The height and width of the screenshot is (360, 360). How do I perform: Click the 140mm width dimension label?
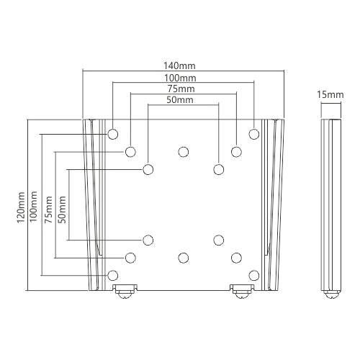click(x=183, y=65)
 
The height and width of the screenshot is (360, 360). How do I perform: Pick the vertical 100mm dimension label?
click(x=35, y=205)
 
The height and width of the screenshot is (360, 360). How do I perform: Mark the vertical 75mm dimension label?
click(x=48, y=205)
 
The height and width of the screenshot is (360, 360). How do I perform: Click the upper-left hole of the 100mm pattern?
click(x=113, y=134)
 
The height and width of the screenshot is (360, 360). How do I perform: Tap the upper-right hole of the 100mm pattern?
click(x=253, y=134)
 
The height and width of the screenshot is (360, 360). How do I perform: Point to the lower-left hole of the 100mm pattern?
click(x=113, y=274)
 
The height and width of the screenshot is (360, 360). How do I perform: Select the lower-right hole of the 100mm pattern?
click(x=253, y=274)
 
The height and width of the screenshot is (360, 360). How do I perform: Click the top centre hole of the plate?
click(x=183, y=152)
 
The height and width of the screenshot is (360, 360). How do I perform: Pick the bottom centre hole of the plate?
click(x=183, y=257)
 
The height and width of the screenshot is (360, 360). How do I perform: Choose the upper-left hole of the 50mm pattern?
click(x=148, y=169)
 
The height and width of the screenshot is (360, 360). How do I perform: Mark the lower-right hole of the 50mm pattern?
click(x=218, y=240)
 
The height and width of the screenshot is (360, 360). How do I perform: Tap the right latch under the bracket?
click(x=241, y=292)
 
